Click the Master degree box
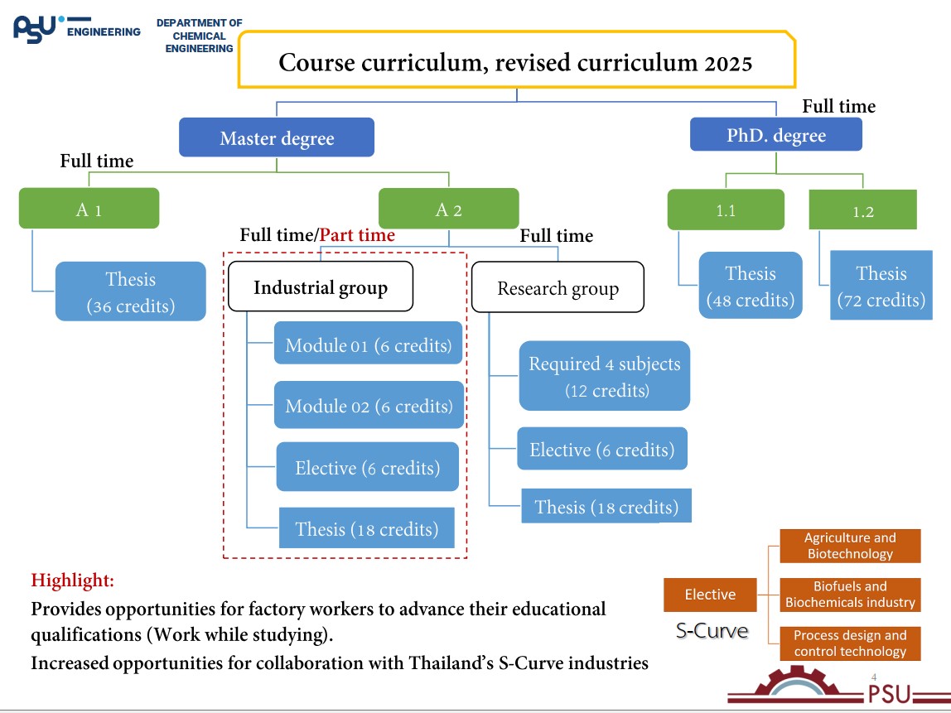pyautogui.click(x=277, y=137)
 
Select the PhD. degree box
pyautogui.click(x=776, y=134)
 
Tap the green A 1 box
pyautogui.click(x=89, y=209)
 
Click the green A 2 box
pyautogui.click(x=448, y=209)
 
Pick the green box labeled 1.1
pyautogui.click(x=726, y=210)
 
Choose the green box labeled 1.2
pyautogui.click(x=863, y=210)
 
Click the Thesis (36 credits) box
pyautogui.click(x=131, y=291)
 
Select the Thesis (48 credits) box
pyautogui.click(x=751, y=286)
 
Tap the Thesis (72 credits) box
pyautogui.click(x=881, y=286)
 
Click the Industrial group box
pyautogui.click(x=320, y=287)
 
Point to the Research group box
pyautogui.click(x=558, y=287)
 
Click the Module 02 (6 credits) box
pyautogui.click(x=369, y=405)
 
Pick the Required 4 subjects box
pyautogui.click(x=605, y=375)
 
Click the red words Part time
pyautogui.click(x=357, y=235)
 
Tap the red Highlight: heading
pyautogui.click(x=73, y=580)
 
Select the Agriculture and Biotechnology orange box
pyautogui.click(x=850, y=546)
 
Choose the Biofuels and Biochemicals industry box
pyautogui.click(x=850, y=595)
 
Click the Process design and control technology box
pyautogui.click(x=850, y=643)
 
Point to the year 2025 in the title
pyautogui.click(x=729, y=63)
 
